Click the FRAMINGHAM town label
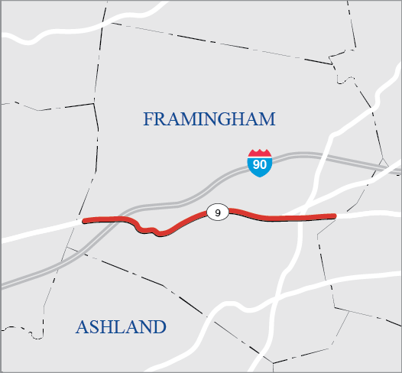click(209, 119)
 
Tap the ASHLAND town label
click(121, 327)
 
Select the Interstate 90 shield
click(260, 163)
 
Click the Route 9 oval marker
click(218, 213)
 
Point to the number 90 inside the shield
click(260, 165)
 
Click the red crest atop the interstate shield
click(260, 153)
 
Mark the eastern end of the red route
click(334, 216)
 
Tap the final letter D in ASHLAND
click(158, 327)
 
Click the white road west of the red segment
click(38, 232)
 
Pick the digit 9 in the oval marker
click(218, 213)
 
